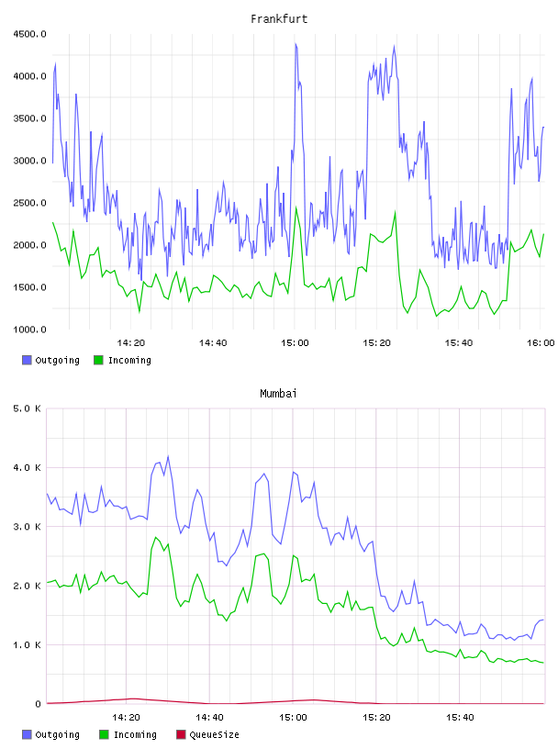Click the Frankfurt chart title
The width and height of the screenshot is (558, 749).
click(x=279, y=19)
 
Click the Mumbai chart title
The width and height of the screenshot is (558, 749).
click(x=278, y=394)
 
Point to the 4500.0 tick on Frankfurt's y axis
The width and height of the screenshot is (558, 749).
click(x=29, y=34)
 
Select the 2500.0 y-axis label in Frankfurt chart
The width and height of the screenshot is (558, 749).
click(x=29, y=203)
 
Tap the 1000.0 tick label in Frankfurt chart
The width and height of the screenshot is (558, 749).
click(x=29, y=330)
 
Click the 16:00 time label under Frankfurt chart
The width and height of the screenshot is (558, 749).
click(x=541, y=343)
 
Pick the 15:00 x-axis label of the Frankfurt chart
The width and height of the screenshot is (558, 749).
click(x=295, y=343)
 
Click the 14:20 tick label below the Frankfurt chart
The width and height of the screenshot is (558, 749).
click(x=131, y=343)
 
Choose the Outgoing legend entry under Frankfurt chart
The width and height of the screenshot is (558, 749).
click(x=50, y=360)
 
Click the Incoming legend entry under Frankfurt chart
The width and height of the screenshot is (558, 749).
click(x=123, y=360)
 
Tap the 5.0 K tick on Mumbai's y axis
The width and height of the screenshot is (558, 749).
click(x=27, y=408)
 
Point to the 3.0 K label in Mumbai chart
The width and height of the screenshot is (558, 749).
click(x=27, y=527)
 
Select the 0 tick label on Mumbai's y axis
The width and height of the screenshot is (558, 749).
click(x=38, y=704)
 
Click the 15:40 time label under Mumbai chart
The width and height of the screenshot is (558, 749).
click(x=460, y=718)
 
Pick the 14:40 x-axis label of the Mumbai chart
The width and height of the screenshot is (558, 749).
click(x=209, y=718)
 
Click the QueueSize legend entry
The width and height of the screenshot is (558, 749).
click(x=207, y=734)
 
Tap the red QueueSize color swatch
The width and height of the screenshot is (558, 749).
click(x=181, y=734)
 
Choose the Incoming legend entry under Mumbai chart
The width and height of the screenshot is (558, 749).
click(x=128, y=734)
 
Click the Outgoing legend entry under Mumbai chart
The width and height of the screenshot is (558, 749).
click(x=50, y=734)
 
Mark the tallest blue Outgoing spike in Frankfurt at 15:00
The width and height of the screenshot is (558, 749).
click(x=296, y=44)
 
